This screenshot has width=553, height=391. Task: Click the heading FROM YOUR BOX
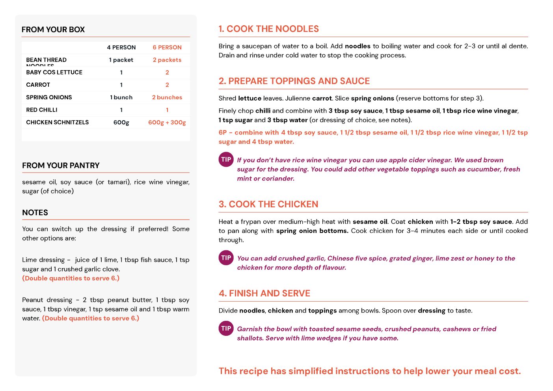pyautogui.click(x=53, y=30)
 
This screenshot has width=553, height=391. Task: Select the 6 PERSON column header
pyautogui.click(x=167, y=47)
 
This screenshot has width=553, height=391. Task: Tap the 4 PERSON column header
pyautogui.click(x=121, y=47)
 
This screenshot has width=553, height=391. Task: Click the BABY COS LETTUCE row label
pyautogui.click(x=54, y=73)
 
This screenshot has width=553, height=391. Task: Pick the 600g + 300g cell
pyautogui.click(x=167, y=123)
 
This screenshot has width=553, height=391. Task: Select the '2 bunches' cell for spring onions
pyautogui.click(x=167, y=97)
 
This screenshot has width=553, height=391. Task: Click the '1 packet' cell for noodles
pyautogui.click(x=121, y=60)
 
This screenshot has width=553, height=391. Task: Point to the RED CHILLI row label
pyautogui.click(x=42, y=110)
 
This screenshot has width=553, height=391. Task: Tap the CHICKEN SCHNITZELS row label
pyautogui.click(x=58, y=123)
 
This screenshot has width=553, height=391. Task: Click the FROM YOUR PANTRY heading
pyautogui.click(x=61, y=166)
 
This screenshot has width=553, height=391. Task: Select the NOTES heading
pyautogui.click(x=35, y=212)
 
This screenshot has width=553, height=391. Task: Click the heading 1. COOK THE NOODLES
pyautogui.click(x=269, y=29)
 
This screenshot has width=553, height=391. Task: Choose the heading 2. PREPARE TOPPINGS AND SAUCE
pyautogui.click(x=294, y=81)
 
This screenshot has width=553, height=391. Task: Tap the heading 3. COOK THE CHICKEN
pyautogui.click(x=268, y=204)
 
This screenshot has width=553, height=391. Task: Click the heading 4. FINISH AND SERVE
pyautogui.click(x=264, y=293)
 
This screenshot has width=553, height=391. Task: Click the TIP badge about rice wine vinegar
pyautogui.click(x=226, y=160)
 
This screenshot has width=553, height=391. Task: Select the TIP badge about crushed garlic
pyautogui.click(x=226, y=258)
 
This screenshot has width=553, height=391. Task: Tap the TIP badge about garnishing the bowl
pyautogui.click(x=226, y=328)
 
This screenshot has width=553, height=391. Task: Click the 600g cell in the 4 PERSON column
pyautogui.click(x=121, y=123)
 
